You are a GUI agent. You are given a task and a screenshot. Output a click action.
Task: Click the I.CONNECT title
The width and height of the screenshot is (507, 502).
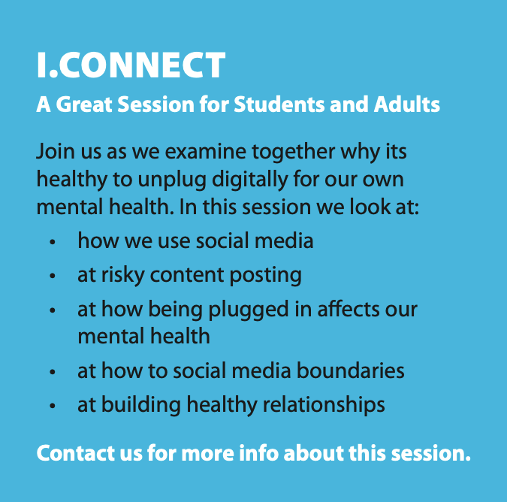click(x=131, y=65)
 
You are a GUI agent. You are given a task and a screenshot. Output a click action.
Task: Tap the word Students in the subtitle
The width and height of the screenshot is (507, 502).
click(x=279, y=104)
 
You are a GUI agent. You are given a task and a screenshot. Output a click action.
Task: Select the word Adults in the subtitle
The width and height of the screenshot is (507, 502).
click(x=407, y=104)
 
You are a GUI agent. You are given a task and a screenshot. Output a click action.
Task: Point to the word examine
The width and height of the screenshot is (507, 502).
click(x=206, y=151)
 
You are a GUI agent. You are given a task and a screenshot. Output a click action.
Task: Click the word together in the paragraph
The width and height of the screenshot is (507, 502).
click(x=294, y=153)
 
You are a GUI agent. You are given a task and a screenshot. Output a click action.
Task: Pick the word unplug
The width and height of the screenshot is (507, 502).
click(x=172, y=180)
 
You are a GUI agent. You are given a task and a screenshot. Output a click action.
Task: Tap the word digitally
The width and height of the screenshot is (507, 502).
click(x=249, y=180)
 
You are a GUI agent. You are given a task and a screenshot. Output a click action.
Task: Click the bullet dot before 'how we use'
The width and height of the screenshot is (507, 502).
click(x=53, y=242)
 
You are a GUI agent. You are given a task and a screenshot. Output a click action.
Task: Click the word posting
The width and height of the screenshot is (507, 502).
click(x=265, y=276)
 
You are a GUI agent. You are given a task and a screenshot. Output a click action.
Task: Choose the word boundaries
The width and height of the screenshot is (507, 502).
click(x=351, y=370)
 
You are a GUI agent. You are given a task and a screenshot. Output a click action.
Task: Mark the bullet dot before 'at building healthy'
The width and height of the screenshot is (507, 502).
click(x=53, y=406)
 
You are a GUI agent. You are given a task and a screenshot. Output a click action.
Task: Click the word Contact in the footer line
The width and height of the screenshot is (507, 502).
click(x=76, y=453)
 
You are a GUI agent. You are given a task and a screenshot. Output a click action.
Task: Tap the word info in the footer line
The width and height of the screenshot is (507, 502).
click(x=258, y=453)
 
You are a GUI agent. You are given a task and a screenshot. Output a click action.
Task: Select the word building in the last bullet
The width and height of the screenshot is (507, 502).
click(x=141, y=406)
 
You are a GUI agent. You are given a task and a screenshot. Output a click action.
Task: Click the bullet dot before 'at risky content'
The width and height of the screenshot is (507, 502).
click(x=53, y=276)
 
